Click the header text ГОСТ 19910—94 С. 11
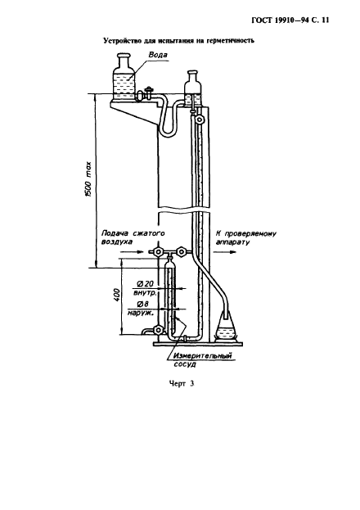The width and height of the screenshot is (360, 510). pyautogui.click(x=290, y=20)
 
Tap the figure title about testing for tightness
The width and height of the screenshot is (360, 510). pyautogui.click(x=178, y=41)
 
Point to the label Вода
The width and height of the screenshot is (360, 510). pyautogui.click(x=158, y=55)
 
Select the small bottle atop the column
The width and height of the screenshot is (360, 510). pyautogui.click(x=193, y=88)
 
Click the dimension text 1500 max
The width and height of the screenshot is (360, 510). pyautogui.click(x=88, y=179)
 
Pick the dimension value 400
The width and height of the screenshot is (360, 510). pyautogui.click(x=117, y=295)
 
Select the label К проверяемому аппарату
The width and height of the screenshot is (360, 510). pyautogui.click(x=245, y=238)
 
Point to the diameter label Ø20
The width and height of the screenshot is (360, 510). pyautogui.click(x=145, y=283)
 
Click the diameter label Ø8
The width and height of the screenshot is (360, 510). pyautogui.click(x=143, y=305)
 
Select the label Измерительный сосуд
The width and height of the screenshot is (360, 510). pyautogui.click(x=203, y=359)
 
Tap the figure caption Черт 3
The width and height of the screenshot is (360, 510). pyautogui.click(x=182, y=384)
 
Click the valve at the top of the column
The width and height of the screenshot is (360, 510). pyautogui.click(x=199, y=120)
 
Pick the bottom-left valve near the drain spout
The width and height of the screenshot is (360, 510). pyautogui.click(x=158, y=330)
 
